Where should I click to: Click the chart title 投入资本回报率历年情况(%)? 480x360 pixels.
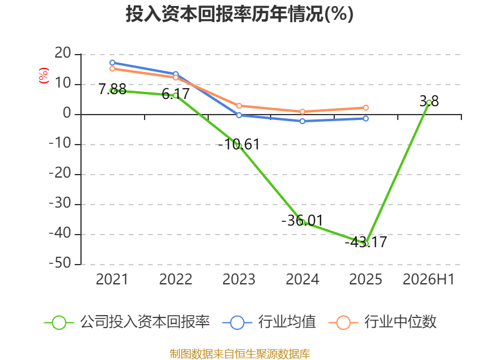tap(239, 14)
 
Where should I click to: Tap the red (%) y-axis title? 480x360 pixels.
tap(43, 76)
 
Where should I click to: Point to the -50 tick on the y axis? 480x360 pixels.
tap(60, 263)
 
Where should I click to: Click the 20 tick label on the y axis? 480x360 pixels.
tap(63, 53)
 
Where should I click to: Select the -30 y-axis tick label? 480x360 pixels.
tap(60, 203)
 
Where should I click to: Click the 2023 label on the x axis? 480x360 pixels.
tap(239, 279)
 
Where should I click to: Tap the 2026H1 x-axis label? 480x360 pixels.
tap(428, 279)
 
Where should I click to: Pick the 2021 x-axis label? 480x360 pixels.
tap(112, 279)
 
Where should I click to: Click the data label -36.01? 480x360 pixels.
tap(302, 220)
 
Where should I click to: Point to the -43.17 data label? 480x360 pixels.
tap(366, 242)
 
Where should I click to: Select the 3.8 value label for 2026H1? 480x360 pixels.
tap(429, 101)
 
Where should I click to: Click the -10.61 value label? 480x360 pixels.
tap(239, 145)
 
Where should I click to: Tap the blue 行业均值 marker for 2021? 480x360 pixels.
tap(112, 63)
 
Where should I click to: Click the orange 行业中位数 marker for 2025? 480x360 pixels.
tap(365, 108)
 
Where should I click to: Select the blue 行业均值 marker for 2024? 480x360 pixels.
tap(302, 121)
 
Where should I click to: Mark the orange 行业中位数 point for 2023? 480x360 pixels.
tap(239, 106)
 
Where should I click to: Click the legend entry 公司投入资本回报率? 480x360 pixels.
tap(127, 322)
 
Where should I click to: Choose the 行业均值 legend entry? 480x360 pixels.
tap(269, 322)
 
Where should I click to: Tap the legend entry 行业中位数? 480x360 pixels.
tap(382, 322)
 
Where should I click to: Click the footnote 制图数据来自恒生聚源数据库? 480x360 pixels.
tap(239, 354)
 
